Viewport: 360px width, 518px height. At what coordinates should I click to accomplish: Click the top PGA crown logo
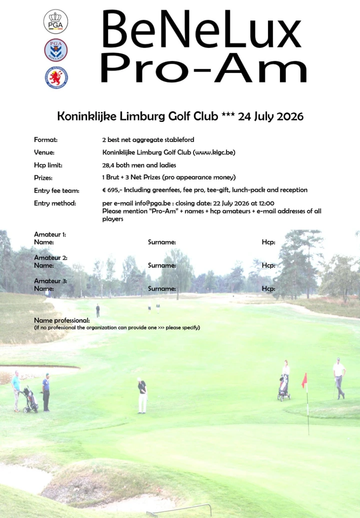pyautogui.click(x=55, y=21)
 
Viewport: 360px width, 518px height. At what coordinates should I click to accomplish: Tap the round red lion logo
pyautogui.click(x=55, y=77)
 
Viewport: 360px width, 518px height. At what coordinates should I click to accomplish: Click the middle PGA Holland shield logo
pyautogui.click(x=55, y=50)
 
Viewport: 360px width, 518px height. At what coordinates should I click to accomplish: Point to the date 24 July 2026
pyautogui.click(x=270, y=116)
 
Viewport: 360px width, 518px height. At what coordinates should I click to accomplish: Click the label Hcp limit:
pyautogui.click(x=48, y=165)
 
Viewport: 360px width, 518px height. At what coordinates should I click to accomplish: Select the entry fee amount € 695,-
pyautogui.click(x=112, y=190)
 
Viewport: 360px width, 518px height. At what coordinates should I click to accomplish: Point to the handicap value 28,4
pyautogui.click(x=108, y=165)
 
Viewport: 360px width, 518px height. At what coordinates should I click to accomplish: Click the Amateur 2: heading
pyautogui.click(x=50, y=258)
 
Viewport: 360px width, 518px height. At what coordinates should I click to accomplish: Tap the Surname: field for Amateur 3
pyautogui.click(x=161, y=289)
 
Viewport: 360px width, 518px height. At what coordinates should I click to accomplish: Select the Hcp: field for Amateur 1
pyautogui.click(x=268, y=242)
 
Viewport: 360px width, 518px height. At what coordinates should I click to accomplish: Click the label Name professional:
pyautogui.click(x=61, y=320)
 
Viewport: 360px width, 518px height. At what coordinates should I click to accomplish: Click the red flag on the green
pyautogui.click(x=304, y=381)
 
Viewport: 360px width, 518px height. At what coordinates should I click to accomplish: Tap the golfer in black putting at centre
pyautogui.click(x=142, y=395)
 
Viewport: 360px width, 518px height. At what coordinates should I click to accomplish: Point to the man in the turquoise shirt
pyautogui.click(x=16, y=390)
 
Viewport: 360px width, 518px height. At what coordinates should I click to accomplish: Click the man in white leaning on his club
pyautogui.click(x=339, y=378)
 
